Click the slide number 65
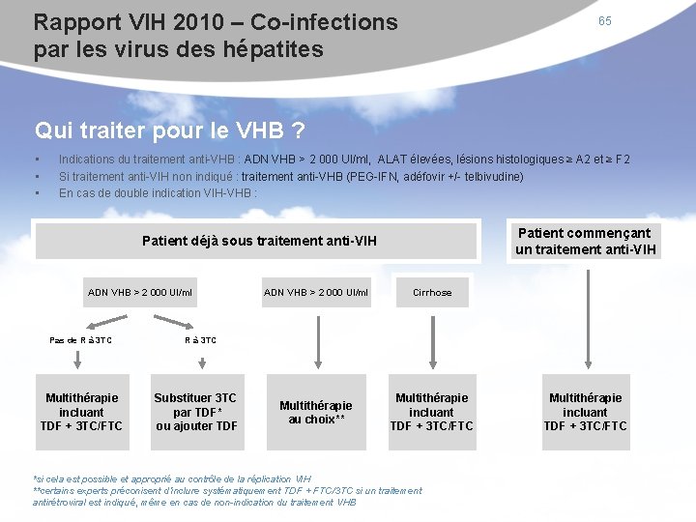coord(605,21)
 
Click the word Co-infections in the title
coord(331,21)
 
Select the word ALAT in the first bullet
coord(393,159)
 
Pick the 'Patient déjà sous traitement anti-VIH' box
coord(258,241)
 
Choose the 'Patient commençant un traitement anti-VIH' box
coord(586,241)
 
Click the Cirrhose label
coord(431,292)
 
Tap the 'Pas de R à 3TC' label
coord(80,340)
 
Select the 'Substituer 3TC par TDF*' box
coord(196,412)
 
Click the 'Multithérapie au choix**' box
coord(315,412)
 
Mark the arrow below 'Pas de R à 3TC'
coord(81,360)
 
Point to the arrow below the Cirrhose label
coord(431,338)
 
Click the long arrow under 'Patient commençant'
coord(586,319)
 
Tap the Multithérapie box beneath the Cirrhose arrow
coord(431,412)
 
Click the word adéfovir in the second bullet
coord(431,177)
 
